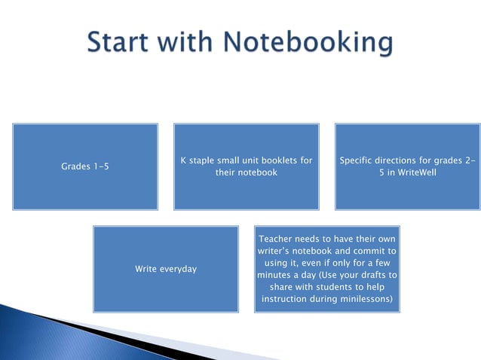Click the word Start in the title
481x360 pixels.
[123, 43]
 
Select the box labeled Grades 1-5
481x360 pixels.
[84, 166]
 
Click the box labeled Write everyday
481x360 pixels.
[166, 269]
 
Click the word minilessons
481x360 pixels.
[364, 299]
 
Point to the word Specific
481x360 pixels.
[357, 160]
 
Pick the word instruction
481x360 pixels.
[289, 299]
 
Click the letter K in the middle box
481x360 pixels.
[184, 160]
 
